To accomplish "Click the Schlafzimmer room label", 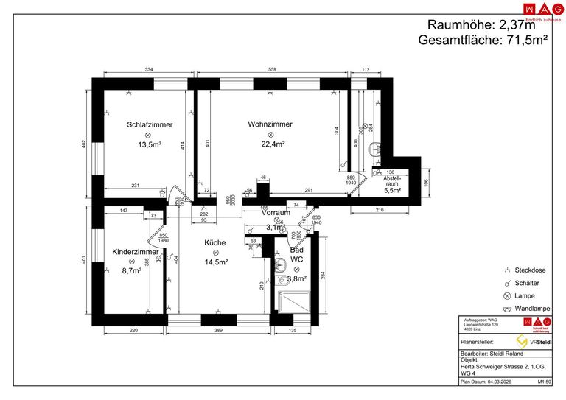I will [150, 124].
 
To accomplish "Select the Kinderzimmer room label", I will [135, 251].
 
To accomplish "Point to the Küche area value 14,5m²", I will [216, 262].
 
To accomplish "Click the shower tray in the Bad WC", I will [296, 301].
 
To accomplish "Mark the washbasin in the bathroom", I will [280, 265].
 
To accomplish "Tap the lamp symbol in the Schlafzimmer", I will [147, 136].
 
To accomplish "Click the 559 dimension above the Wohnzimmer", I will [272, 70].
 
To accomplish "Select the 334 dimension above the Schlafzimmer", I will [148, 70].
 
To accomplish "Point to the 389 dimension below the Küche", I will [219, 331].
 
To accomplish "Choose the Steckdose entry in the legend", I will [530, 270].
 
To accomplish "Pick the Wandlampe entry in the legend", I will [530, 308].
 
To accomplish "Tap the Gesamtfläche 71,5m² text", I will [483, 41].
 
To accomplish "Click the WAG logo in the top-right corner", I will [537, 9].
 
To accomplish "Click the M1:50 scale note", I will [545, 383].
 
